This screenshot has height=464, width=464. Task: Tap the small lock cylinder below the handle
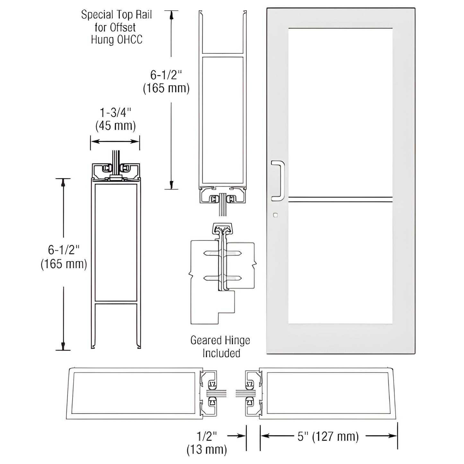(275, 215)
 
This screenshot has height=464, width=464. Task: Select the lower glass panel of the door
(340, 263)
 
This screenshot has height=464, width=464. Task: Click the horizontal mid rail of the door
(340, 199)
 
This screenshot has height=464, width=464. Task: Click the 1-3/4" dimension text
(116, 113)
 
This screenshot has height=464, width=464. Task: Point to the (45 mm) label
(116, 126)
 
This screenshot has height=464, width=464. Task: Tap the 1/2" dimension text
(207, 436)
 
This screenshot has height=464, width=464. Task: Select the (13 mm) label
(207, 450)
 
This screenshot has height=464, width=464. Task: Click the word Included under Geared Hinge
(221, 353)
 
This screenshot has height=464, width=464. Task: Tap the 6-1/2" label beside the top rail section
(166, 75)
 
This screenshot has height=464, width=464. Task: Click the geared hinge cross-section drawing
(222, 273)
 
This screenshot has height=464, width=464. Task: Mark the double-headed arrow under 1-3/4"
(115, 141)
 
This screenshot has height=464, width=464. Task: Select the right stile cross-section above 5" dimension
(328, 393)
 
